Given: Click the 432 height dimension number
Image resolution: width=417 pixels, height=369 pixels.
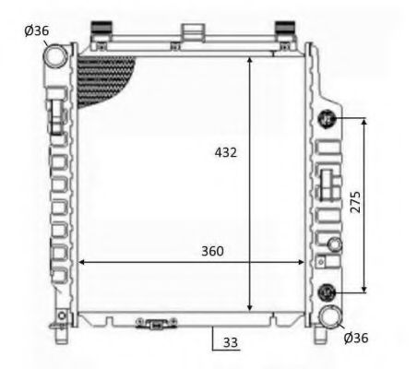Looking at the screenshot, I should (x=226, y=152).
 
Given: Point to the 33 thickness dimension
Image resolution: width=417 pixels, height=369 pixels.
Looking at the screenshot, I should (x=231, y=341).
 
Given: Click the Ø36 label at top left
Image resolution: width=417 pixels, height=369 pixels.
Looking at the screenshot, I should (x=38, y=31).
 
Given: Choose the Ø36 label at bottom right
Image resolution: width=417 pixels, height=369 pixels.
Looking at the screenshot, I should (x=355, y=338).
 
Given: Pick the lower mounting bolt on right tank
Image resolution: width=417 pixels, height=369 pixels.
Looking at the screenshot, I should (x=326, y=292).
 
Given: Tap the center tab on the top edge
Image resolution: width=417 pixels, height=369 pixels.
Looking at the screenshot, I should (x=192, y=31).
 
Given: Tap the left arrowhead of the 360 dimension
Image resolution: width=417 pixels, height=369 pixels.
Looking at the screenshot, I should (x=82, y=262).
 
